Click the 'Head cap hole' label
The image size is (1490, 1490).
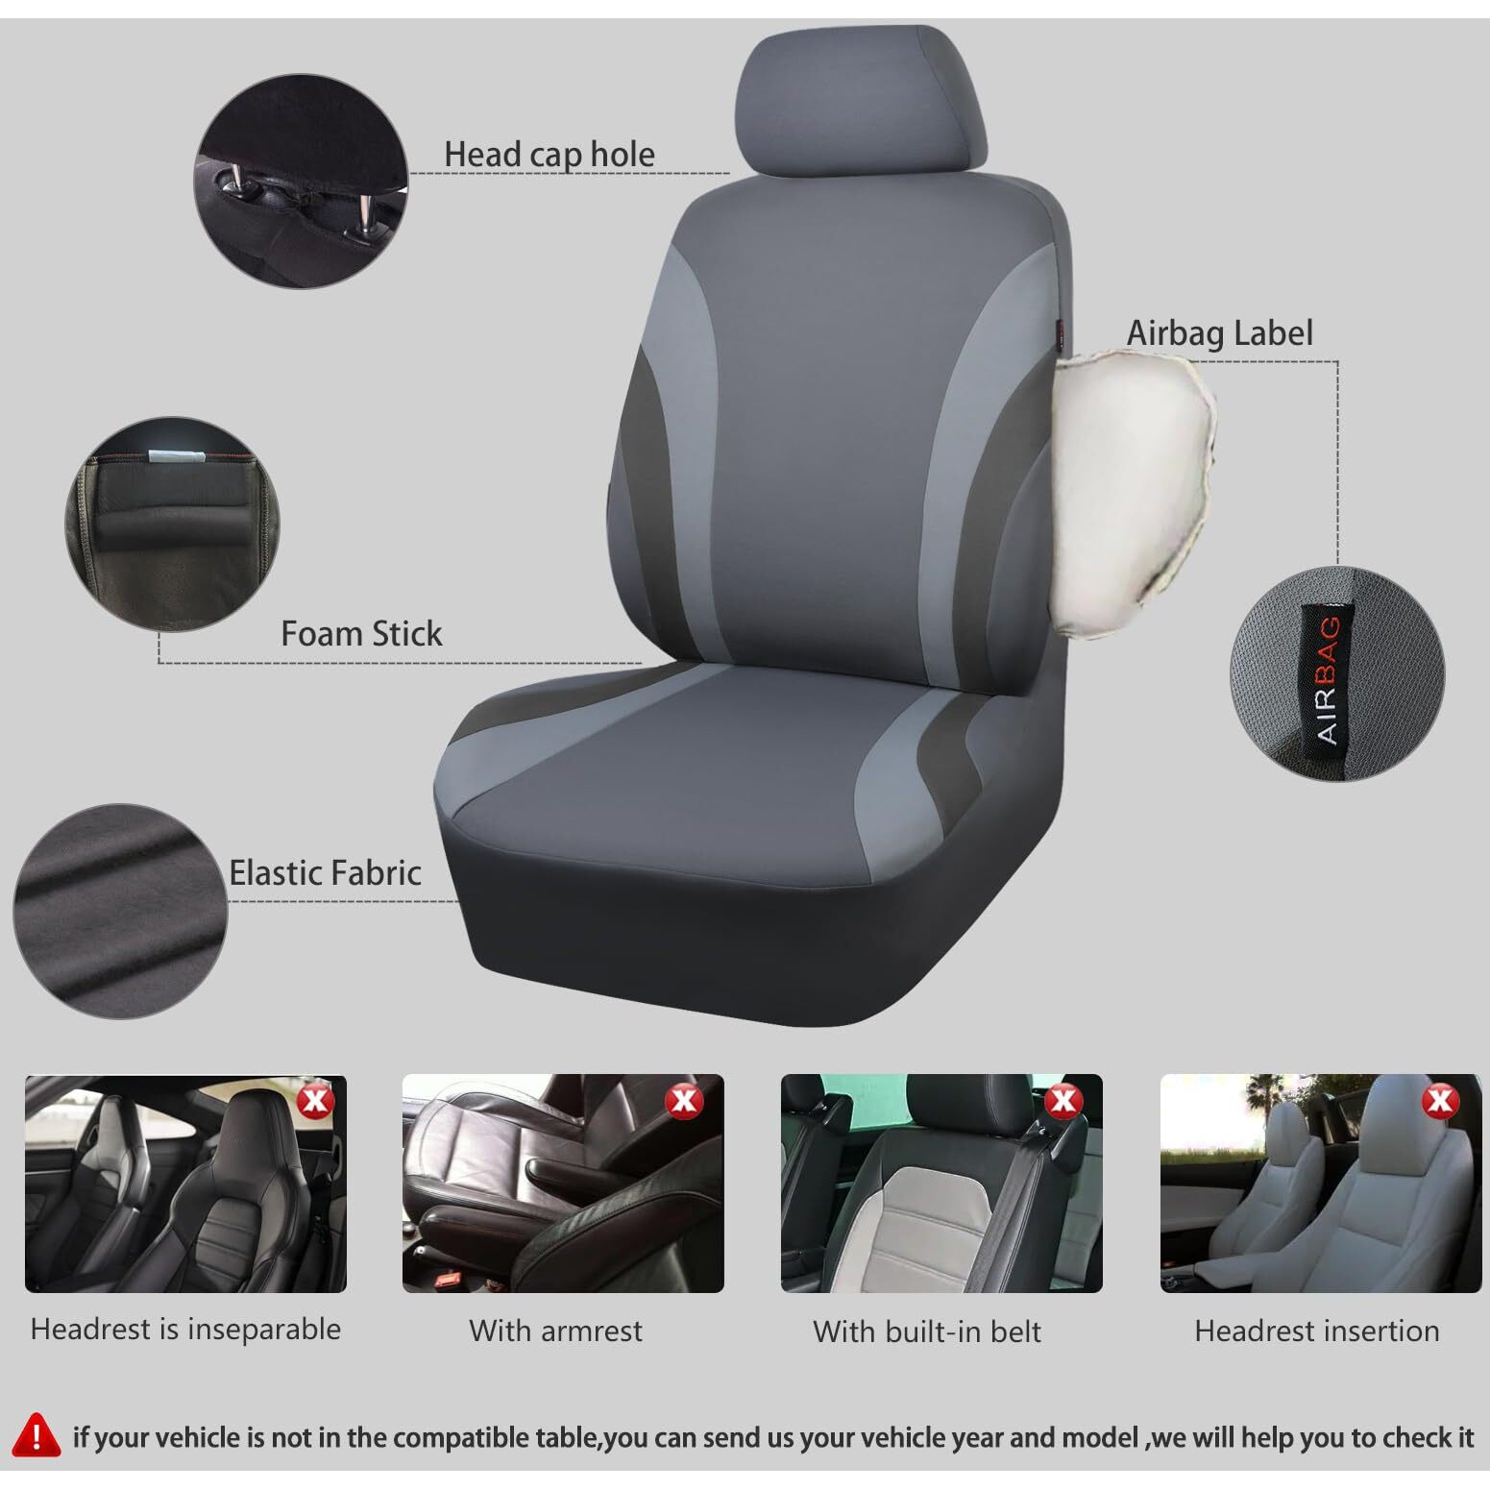(549, 154)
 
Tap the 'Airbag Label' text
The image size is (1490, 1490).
(1219, 332)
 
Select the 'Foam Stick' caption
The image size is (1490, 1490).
(361, 633)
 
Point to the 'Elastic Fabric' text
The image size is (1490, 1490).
(325, 872)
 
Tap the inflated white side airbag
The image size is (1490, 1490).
(1129, 490)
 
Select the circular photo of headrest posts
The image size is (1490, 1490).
(302, 181)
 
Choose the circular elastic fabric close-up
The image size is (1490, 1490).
(120, 911)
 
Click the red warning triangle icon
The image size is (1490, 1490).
(37, 1435)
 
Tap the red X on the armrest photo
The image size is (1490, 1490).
(683, 1100)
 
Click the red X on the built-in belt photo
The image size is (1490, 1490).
(1063, 1100)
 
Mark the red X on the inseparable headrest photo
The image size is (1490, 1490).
(315, 1100)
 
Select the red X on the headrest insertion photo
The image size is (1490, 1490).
(1440, 1100)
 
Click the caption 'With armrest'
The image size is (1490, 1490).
(555, 1331)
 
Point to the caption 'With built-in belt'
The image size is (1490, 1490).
(927, 1331)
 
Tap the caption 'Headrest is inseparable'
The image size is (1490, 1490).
(185, 1330)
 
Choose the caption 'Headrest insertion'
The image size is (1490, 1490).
(1317, 1331)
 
